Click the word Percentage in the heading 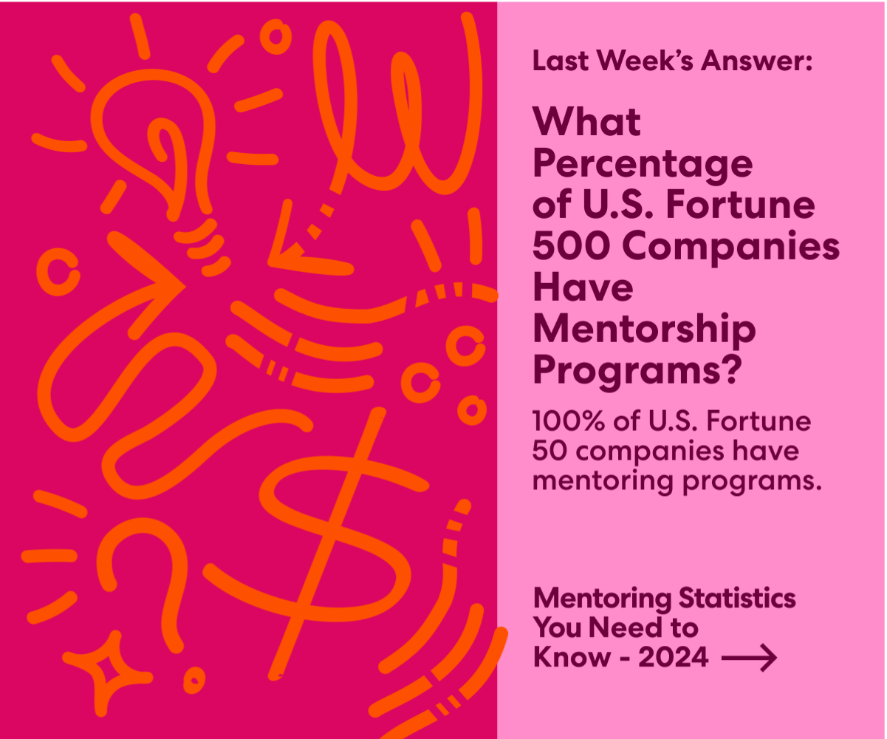point(642,165)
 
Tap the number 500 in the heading point(564,246)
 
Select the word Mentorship point(644,329)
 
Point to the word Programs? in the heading point(636,369)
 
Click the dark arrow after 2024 point(749,656)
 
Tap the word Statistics point(737,598)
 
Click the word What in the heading point(586,122)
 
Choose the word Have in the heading point(583,287)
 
